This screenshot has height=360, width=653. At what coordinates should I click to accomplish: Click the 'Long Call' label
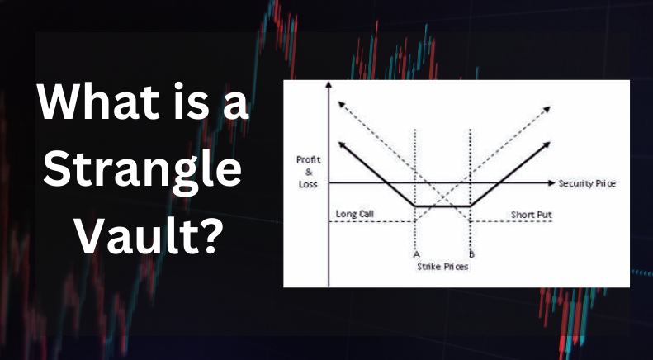tap(355, 215)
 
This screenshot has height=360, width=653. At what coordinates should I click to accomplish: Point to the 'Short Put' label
tap(532, 215)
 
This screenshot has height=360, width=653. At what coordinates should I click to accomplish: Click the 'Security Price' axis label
tap(587, 182)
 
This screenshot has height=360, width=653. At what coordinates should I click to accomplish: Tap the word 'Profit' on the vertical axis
tap(308, 159)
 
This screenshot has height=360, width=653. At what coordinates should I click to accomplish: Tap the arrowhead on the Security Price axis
tap(551, 182)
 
